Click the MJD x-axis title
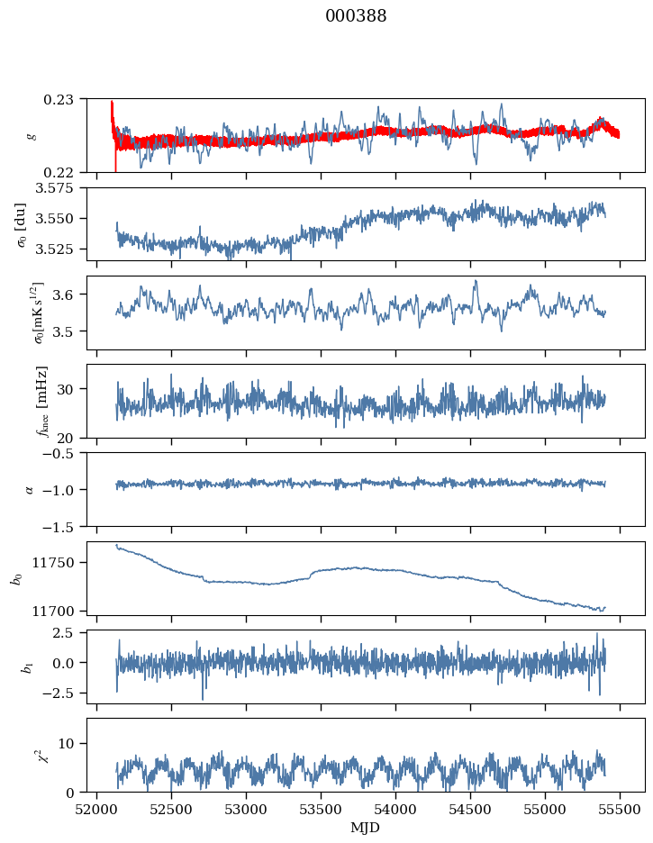click(365, 827)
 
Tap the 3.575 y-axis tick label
click(63, 187)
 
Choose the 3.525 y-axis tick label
click(63, 249)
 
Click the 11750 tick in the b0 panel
click(63, 563)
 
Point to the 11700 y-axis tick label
click(63, 611)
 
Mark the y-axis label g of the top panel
click(32, 135)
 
